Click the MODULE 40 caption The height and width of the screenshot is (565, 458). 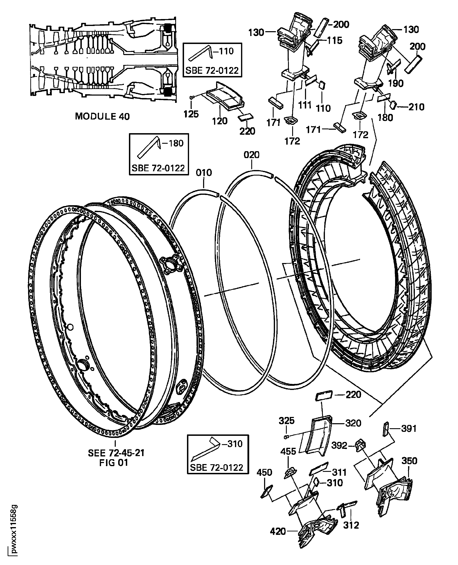tap(102, 116)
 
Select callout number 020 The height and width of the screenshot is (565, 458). tap(251, 155)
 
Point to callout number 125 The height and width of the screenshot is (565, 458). tap(191, 114)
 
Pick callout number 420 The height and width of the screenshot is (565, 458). tap(278, 531)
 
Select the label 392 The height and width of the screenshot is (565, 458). tap(339, 445)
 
